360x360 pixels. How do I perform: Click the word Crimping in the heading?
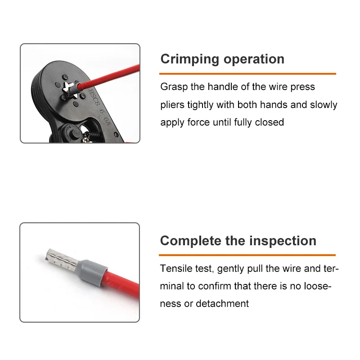point(190,59)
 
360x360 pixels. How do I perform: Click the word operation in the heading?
point(254,59)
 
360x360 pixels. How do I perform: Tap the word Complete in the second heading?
point(190,241)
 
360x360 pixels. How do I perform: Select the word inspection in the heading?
point(283,241)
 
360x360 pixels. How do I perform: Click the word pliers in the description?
point(172,105)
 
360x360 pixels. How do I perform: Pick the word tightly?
point(200,105)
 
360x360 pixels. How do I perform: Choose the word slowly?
point(324,105)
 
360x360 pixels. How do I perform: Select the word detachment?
point(222,303)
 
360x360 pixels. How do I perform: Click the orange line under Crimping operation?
point(248,74)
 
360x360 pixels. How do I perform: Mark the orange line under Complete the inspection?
point(247,255)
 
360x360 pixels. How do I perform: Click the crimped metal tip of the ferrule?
point(62,260)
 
